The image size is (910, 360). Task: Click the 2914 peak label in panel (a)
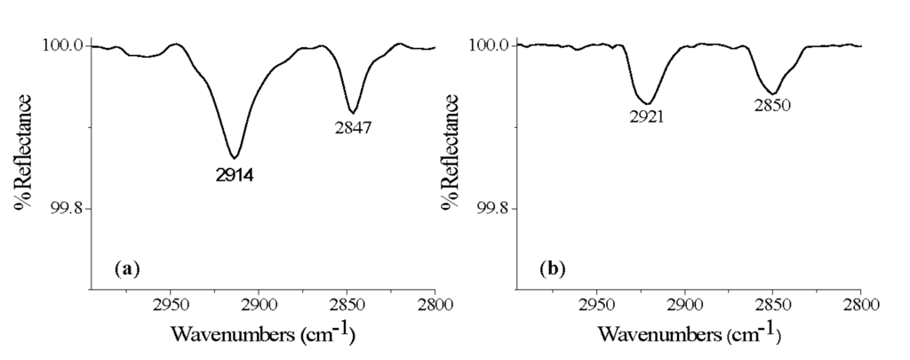pos(235,175)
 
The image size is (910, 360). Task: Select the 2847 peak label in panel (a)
pos(353,128)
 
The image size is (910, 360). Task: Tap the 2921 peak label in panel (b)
pos(650,116)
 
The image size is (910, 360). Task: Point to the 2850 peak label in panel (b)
pos(772,105)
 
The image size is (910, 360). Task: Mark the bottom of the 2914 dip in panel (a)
pos(235,157)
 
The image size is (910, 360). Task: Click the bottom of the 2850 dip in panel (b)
pos(773,93)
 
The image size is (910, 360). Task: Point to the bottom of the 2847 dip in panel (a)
pos(354,112)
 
